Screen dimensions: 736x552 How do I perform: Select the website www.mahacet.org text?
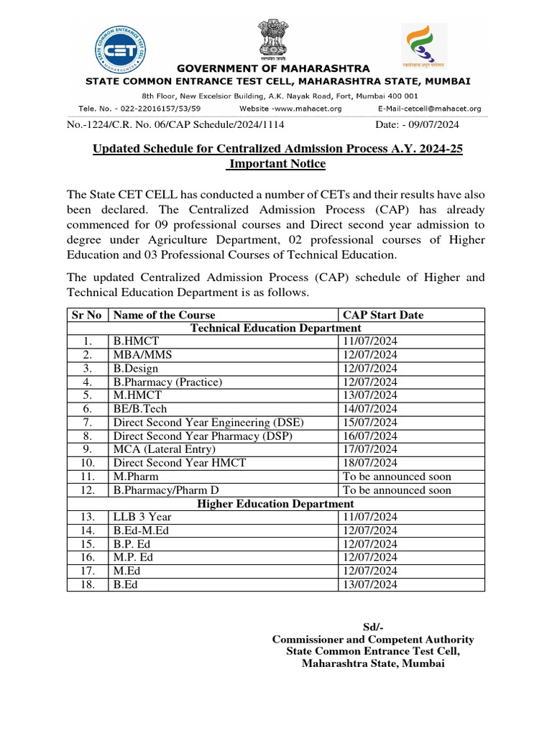(290, 109)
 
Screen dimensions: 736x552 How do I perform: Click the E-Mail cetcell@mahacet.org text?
(429, 109)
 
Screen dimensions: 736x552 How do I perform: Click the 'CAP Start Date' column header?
(383, 315)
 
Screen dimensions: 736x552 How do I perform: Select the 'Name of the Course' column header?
(164, 315)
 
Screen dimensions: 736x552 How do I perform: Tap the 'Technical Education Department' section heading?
(275, 328)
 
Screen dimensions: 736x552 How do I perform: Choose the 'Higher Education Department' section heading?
(275, 504)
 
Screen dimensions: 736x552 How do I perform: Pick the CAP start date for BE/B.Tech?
(369, 408)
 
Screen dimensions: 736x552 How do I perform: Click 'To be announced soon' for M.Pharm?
(397, 477)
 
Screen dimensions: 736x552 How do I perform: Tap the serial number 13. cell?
(88, 517)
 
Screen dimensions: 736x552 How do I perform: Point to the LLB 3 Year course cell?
(142, 517)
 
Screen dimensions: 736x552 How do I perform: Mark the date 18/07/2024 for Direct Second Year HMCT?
(369, 463)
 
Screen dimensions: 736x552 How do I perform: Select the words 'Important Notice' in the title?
(277, 164)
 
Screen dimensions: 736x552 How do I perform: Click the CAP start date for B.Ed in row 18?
(369, 584)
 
